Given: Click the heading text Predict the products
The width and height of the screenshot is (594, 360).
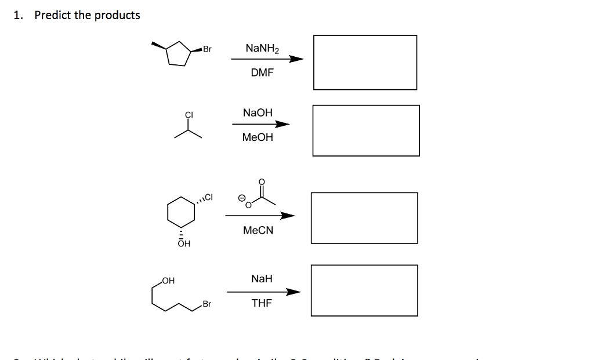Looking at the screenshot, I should tap(87, 16).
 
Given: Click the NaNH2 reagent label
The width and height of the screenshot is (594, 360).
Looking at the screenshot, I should tap(262, 48).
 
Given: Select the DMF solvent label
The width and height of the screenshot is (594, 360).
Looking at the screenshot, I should tap(262, 73).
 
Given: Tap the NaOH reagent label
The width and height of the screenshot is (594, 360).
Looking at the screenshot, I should tap(258, 112).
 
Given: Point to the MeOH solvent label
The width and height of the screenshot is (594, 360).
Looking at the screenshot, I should tap(258, 137).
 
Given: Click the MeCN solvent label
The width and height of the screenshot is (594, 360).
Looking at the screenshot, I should tap(258, 230).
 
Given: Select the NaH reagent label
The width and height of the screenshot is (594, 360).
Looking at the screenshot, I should tap(262, 279).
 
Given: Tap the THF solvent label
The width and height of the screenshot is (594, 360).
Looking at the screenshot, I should tap(262, 303).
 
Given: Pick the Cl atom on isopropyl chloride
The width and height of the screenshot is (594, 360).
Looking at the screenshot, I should tap(189, 114).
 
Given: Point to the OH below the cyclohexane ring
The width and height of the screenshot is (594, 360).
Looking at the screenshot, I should tap(183, 244).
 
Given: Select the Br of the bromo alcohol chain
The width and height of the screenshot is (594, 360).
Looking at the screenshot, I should tap(207, 304).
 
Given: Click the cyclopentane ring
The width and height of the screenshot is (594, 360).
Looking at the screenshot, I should tap(179, 54).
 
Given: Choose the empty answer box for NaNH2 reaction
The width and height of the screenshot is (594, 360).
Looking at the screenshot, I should tap(365, 63).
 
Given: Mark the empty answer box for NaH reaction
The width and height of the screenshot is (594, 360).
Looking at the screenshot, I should tap(364, 290).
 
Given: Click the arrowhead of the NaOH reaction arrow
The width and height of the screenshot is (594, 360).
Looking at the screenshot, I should tap(282, 124).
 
